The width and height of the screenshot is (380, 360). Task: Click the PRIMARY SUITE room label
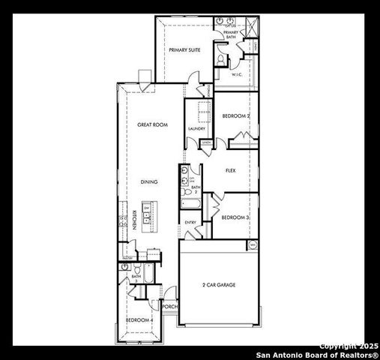click(184, 49)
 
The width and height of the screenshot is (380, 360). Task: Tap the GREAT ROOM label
click(151, 124)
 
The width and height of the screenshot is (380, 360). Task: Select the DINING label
click(148, 181)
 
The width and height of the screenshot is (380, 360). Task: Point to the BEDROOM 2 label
click(236, 115)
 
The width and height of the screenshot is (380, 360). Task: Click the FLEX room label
click(231, 170)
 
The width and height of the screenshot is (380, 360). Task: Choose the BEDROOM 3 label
click(235, 217)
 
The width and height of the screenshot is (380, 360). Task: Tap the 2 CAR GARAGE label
click(217, 285)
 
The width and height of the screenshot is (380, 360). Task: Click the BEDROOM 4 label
click(139, 320)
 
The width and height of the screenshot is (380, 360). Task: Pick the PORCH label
click(169, 307)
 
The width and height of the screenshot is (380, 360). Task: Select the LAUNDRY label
click(197, 129)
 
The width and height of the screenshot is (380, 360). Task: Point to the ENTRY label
click(190, 223)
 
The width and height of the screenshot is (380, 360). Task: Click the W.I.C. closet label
click(235, 74)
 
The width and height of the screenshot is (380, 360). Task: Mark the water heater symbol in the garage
click(253, 245)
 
